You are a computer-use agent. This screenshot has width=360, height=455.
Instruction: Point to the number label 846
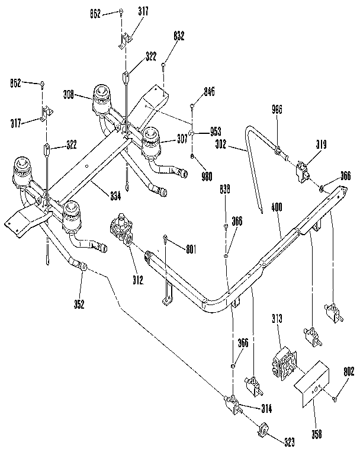point(209,92)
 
